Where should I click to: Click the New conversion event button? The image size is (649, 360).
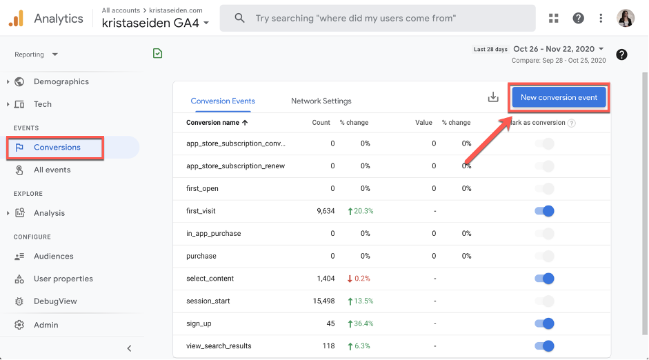559,97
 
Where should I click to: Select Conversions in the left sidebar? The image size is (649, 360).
57,147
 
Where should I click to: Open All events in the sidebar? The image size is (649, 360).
52,170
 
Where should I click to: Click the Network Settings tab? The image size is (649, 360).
321,101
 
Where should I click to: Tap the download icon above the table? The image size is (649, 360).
493,97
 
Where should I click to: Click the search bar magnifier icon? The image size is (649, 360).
239,19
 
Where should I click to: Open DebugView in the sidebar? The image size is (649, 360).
55,301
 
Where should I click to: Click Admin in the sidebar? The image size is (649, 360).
46,325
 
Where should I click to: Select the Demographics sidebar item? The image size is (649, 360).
61,81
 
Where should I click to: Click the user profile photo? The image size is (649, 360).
626,19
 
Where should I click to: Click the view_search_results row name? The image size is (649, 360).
219,346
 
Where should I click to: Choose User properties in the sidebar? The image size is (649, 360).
63,279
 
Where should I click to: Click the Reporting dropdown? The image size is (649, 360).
37,54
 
